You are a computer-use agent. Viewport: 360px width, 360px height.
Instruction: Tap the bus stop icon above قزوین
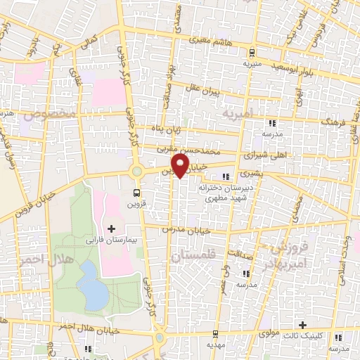tap(138, 192)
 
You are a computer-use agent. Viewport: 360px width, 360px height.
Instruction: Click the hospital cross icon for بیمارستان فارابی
tap(112, 228)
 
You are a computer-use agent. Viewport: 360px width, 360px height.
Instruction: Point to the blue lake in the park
tap(89, 283)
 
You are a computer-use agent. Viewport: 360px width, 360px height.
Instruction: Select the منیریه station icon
tap(251, 52)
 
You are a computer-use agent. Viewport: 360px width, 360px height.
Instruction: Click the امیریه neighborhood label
tap(237, 112)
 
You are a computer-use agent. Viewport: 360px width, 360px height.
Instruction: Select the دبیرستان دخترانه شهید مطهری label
tap(209, 193)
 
